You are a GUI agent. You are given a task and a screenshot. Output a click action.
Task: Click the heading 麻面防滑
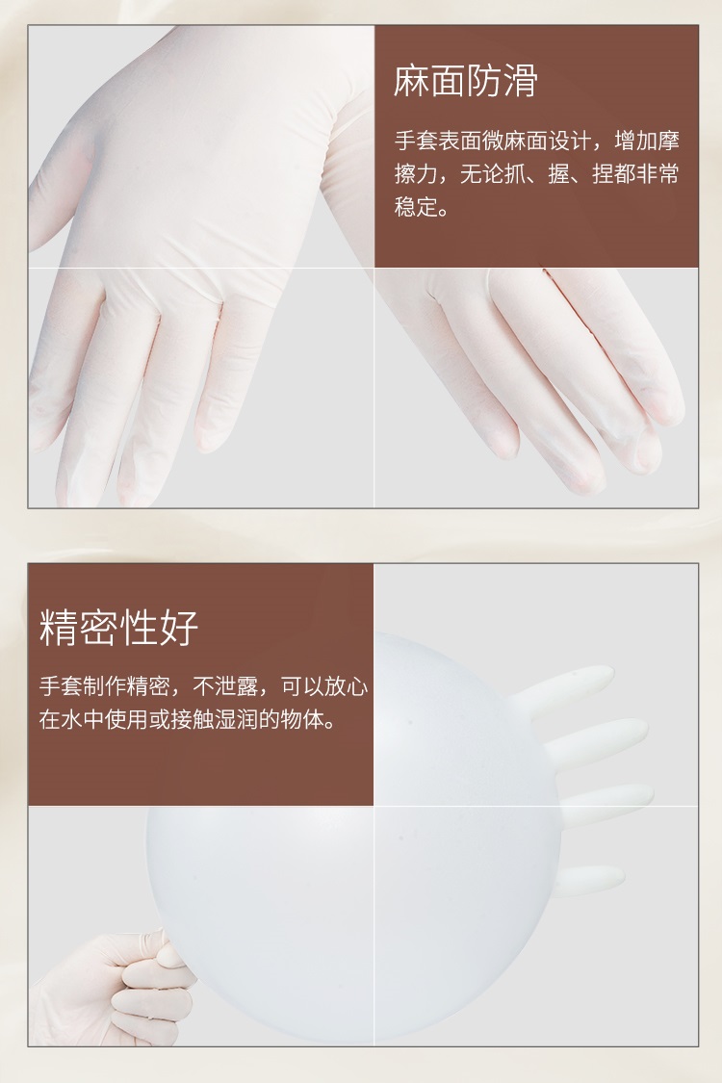(466, 81)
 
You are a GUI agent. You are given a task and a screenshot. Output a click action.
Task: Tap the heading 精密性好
(118, 627)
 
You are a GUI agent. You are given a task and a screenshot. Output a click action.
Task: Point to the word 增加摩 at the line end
(647, 141)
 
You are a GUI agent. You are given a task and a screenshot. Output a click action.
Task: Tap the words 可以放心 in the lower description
(324, 686)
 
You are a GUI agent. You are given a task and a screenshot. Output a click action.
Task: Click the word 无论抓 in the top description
(493, 173)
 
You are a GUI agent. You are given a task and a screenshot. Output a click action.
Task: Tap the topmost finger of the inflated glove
(563, 688)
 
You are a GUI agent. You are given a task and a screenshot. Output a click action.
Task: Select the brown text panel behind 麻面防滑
(536, 146)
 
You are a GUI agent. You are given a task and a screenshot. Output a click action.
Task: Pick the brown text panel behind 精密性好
(200, 684)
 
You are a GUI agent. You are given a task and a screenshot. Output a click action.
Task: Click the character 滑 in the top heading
(520, 81)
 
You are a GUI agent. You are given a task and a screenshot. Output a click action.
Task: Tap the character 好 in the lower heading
(179, 627)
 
